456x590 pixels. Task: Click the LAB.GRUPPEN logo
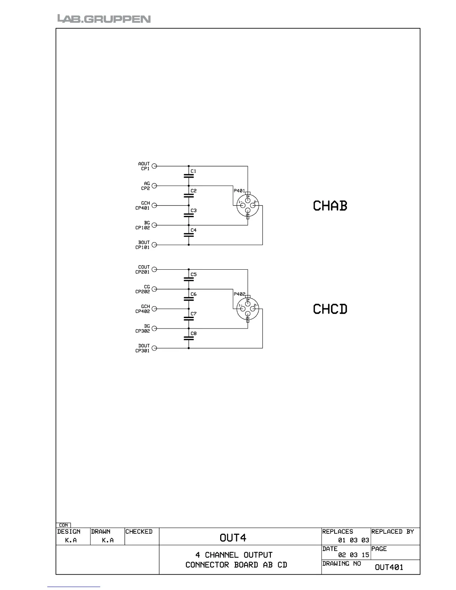click(x=104, y=19)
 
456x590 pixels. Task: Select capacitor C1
click(x=189, y=175)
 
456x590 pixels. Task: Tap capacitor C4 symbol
click(x=189, y=235)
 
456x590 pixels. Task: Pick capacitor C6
click(x=189, y=298)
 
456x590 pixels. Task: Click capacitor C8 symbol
click(x=189, y=338)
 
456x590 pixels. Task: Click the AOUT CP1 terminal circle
click(x=154, y=166)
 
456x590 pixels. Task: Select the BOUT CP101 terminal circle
click(x=154, y=245)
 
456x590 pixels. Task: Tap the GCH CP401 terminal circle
click(x=154, y=205)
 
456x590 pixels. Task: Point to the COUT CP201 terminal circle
click(x=154, y=269)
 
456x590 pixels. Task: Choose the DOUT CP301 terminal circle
click(x=154, y=348)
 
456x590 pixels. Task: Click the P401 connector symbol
click(x=248, y=206)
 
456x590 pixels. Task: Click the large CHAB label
click(x=330, y=206)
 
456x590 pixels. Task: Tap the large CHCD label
click(x=330, y=309)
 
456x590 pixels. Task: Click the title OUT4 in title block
click(x=233, y=537)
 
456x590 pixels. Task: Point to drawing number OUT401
click(x=389, y=567)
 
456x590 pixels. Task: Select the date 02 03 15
click(x=354, y=555)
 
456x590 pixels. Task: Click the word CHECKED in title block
click(x=139, y=532)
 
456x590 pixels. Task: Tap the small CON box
click(x=63, y=525)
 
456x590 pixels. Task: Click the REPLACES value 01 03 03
click(x=354, y=540)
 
